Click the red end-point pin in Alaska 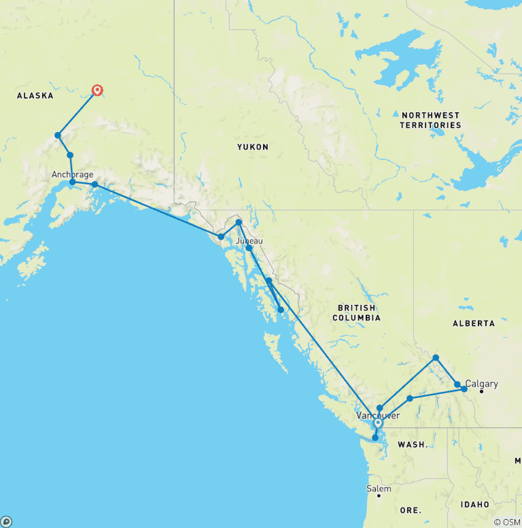point(98,90)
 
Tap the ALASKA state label point(35,96)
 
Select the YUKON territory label point(253,147)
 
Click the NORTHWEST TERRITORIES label point(430,120)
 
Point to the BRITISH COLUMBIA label point(357,313)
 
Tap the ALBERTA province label point(474,323)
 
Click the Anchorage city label point(72,175)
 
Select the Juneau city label point(249,241)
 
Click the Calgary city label point(482,384)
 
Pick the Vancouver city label point(377,414)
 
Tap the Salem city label point(379,489)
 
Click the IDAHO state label point(474,504)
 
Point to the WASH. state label point(413,444)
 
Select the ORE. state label point(411,510)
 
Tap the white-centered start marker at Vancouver point(378,423)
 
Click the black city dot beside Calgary point(481,391)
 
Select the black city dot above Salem point(379,495)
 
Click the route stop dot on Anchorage point(73,182)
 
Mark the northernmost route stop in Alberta point(436,357)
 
